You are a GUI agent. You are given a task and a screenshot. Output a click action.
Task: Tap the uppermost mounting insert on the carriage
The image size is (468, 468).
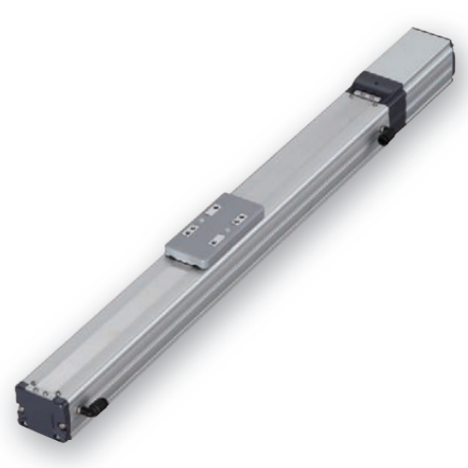click(x=217, y=208)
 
